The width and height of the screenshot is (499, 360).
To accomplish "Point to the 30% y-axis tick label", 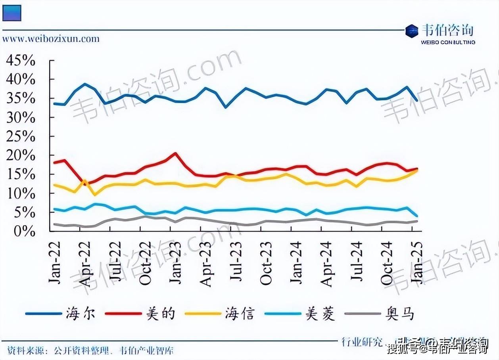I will coord(21,118).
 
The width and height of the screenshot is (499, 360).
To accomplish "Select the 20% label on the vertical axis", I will coord(21,155).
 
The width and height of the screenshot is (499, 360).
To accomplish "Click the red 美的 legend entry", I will coord(141,314).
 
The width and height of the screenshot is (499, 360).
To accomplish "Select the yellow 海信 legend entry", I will coord(221,314).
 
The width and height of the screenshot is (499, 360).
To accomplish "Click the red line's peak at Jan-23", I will coord(175,153).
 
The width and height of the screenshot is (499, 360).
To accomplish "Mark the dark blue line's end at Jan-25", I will coord(416,100).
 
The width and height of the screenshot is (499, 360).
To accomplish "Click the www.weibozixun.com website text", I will coord(51,39).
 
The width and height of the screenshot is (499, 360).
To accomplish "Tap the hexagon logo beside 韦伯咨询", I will coord(412,31).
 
